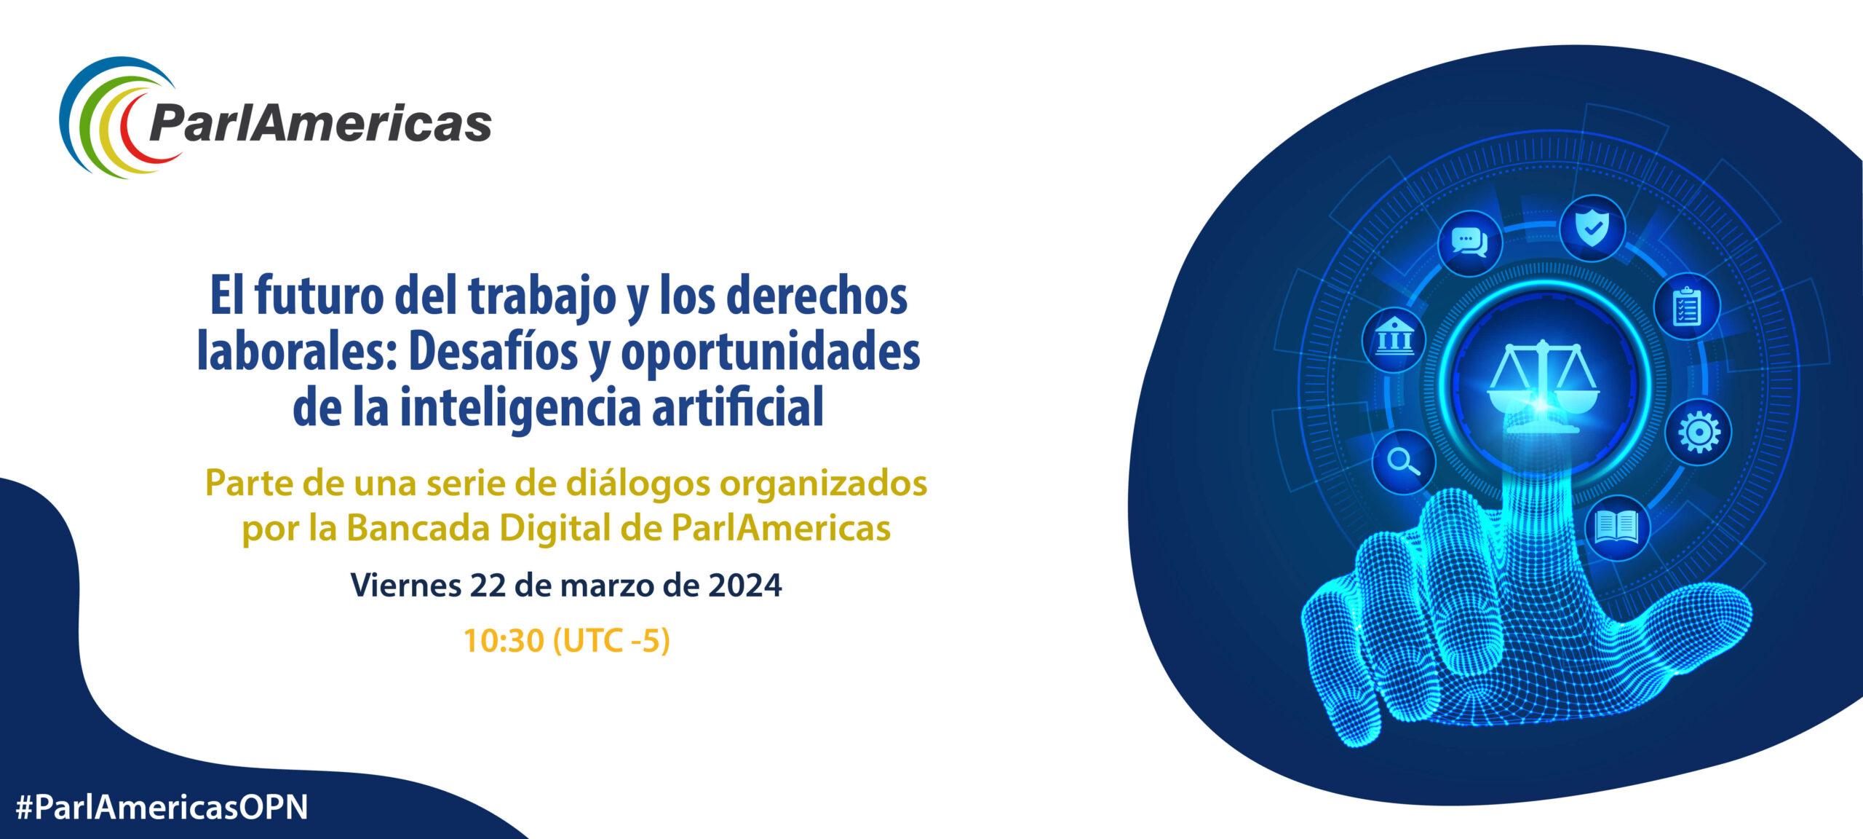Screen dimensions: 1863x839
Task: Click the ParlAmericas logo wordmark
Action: [x=320, y=124]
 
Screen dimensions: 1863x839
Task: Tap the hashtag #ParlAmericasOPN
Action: [x=162, y=807]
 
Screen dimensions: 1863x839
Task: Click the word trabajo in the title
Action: [x=542, y=297]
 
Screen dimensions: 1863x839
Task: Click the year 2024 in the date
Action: [x=745, y=586]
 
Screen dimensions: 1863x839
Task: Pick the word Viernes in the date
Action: [x=406, y=586]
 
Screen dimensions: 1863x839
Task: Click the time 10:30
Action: [x=504, y=641]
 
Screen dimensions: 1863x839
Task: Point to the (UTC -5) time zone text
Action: [x=611, y=641]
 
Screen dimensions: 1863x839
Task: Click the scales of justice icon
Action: [x=1543, y=387]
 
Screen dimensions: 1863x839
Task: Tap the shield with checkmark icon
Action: [x=1592, y=228]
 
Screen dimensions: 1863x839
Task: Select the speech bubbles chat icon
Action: [x=1470, y=243]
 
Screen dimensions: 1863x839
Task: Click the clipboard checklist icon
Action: [x=1687, y=307]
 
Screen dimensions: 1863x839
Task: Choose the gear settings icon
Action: [x=1699, y=433]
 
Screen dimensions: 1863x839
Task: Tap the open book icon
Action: [x=1616, y=527]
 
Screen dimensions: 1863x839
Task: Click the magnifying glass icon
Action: [x=1403, y=461]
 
